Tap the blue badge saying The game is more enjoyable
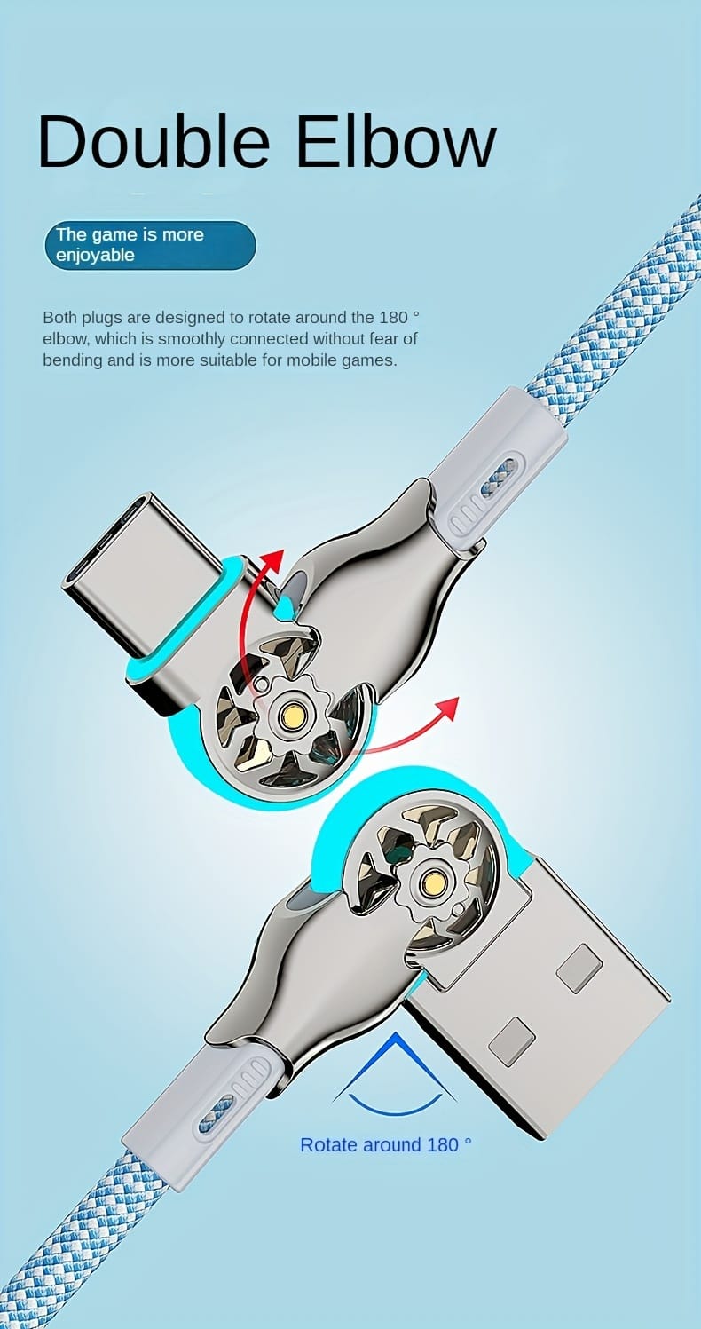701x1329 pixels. click(x=150, y=245)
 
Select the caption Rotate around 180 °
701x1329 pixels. click(x=385, y=1144)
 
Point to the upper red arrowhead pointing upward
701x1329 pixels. click(x=272, y=561)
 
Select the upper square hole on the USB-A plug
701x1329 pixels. click(x=579, y=967)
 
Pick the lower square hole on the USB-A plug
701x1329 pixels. click(x=512, y=1041)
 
